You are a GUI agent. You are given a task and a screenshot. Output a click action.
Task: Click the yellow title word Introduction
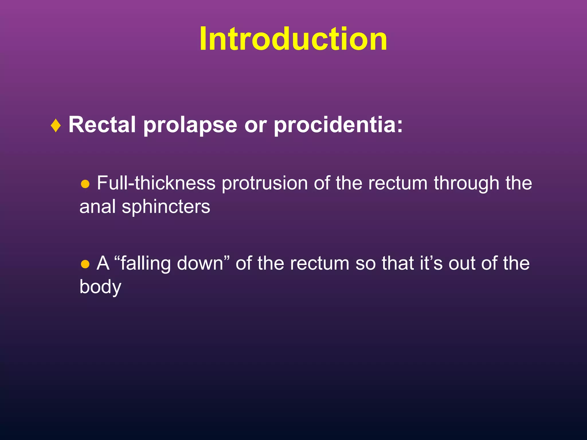[x=293, y=39]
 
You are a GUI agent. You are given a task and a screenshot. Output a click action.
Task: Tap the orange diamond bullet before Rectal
[x=56, y=125]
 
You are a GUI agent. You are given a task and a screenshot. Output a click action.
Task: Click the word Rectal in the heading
[x=102, y=125]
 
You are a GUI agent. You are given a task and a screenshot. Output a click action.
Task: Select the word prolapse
[x=190, y=125]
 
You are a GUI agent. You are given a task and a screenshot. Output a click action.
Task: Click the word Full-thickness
[x=156, y=183]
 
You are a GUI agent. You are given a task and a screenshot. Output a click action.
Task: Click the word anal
[x=97, y=207]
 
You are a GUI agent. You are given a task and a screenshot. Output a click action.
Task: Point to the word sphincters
[x=166, y=207]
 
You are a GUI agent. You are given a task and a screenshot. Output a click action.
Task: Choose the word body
[x=100, y=287]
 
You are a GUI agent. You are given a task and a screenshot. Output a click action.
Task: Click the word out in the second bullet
[x=461, y=264]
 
